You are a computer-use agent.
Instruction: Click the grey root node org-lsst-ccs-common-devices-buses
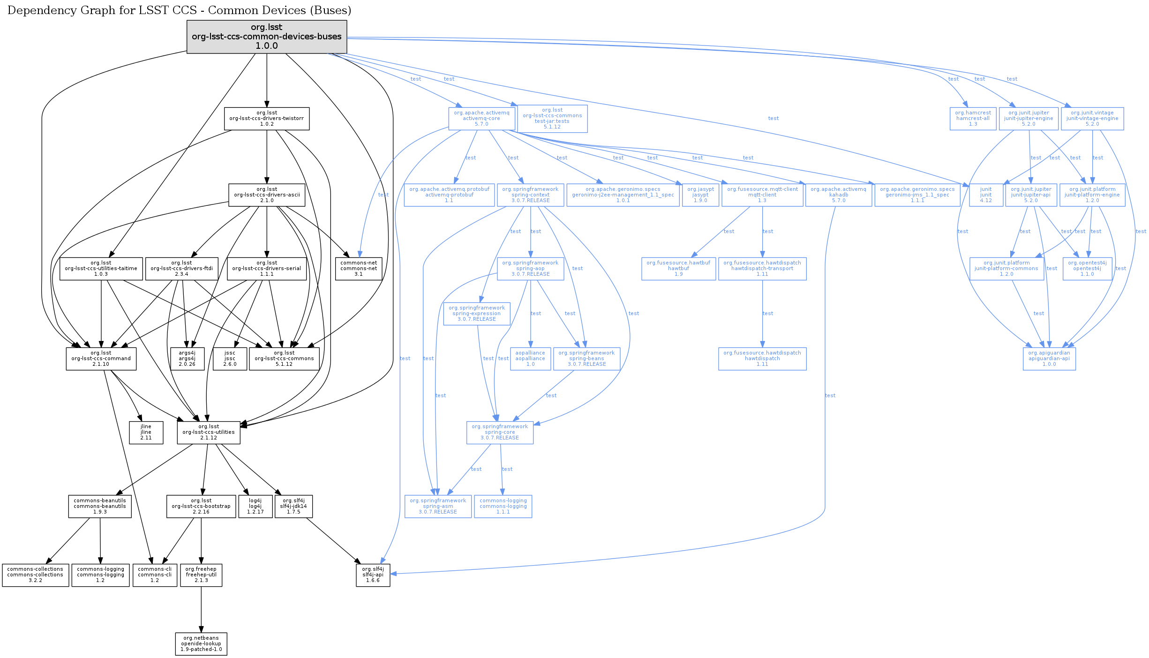point(267,37)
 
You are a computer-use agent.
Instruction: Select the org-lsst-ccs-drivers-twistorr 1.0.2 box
point(267,119)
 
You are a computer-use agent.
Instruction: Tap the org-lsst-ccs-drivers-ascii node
point(267,195)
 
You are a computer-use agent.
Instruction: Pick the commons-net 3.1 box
point(359,269)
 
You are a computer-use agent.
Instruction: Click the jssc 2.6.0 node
point(230,359)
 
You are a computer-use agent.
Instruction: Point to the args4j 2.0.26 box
point(187,359)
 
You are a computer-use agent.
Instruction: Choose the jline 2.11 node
point(146,432)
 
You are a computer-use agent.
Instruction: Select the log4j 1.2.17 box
point(255,507)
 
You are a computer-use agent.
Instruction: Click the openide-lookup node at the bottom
point(201,644)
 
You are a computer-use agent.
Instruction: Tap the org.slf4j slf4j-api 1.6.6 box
point(373,575)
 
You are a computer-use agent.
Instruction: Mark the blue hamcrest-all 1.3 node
point(973,119)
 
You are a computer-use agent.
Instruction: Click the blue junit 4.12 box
point(986,195)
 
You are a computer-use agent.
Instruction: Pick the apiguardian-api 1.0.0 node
point(1049,359)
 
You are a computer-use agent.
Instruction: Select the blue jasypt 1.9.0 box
point(700,195)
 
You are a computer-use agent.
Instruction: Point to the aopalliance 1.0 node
point(530,359)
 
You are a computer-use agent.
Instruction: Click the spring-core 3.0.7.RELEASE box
point(500,432)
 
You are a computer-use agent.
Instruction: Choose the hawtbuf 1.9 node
point(678,269)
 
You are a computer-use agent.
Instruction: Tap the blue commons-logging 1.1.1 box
point(503,507)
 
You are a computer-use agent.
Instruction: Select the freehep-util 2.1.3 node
point(201,575)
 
